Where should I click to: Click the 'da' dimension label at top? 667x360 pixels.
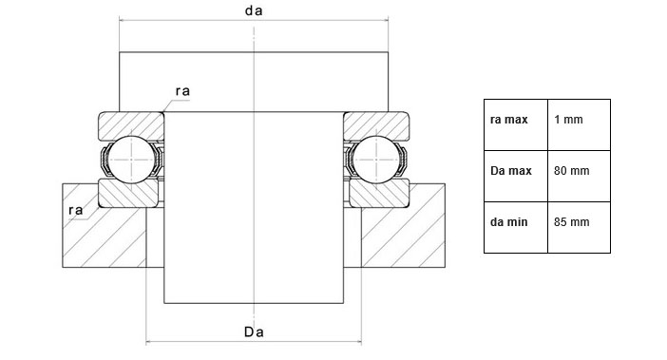point(254,10)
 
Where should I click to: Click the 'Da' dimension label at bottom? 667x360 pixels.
point(254,332)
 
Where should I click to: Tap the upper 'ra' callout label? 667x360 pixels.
point(182,91)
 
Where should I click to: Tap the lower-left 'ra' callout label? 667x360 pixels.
point(76,210)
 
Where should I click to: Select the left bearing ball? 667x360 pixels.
point(131,160)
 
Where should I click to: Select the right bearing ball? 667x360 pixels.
point(376,160)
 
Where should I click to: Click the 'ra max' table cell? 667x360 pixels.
point(516,125)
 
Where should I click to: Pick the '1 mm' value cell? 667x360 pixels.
point(579,125)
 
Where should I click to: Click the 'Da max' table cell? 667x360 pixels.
point(516,176)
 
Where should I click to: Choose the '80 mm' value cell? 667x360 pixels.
point(579,176)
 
